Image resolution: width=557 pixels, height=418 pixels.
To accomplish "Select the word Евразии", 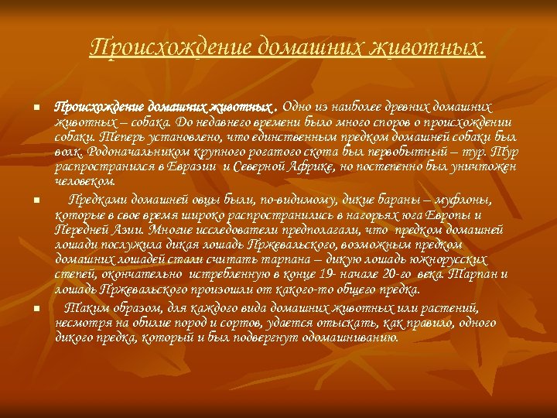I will click(196, 166).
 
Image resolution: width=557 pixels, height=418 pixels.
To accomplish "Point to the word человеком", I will click(85, 180).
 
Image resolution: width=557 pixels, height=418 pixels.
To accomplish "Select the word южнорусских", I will click(449, 260).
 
